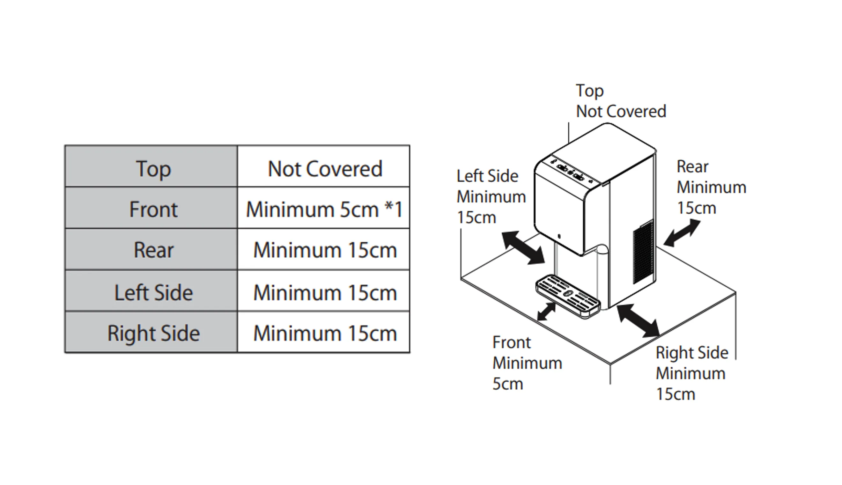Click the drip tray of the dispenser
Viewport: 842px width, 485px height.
[x=568, y=295]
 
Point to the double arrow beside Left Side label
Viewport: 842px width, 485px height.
[x=523, y=248]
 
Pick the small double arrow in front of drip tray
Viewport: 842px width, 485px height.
[x=547, y=312]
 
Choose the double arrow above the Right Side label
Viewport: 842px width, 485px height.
[x=638, y=321]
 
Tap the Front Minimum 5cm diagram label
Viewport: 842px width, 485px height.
[x=527, y=363]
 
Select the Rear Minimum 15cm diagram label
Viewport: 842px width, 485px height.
[x=711, y=187]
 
